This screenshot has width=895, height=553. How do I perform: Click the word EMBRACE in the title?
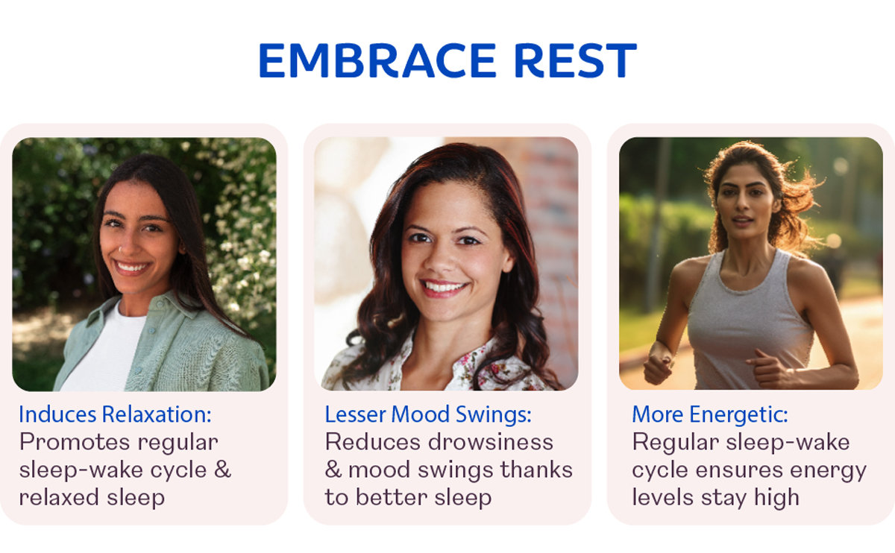pyautogui.click(x=377, y=60)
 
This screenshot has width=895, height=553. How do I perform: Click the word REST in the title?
pyautogui.click(x=576, y=60)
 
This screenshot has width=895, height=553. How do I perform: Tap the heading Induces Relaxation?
pyautogui.click(x=115, y=414)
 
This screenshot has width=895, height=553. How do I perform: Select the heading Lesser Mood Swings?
pyautogui.click(x=428, y=414)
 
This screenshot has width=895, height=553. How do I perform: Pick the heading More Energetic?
pyautogui.click(x=710, y=415)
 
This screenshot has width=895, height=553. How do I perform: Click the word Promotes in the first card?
pyautogui.click(x=75, y=442)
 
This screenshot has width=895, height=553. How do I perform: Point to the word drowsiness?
pyautogui.click(x=491, y=442)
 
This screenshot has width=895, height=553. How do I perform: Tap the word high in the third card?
pyautogui.click(x=776, y=499)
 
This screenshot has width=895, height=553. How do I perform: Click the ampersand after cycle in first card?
pyautogui.click(x=222, y=470)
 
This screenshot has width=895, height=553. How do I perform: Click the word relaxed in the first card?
pyautogui.click(x=59, y=498)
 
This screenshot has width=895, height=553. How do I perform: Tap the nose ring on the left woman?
pyautogui.click(x=119, y=250)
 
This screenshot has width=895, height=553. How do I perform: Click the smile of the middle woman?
pyautogui.click(x=443, y=288)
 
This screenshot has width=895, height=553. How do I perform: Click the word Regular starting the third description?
pyautogui.click(x=676, y=443)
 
